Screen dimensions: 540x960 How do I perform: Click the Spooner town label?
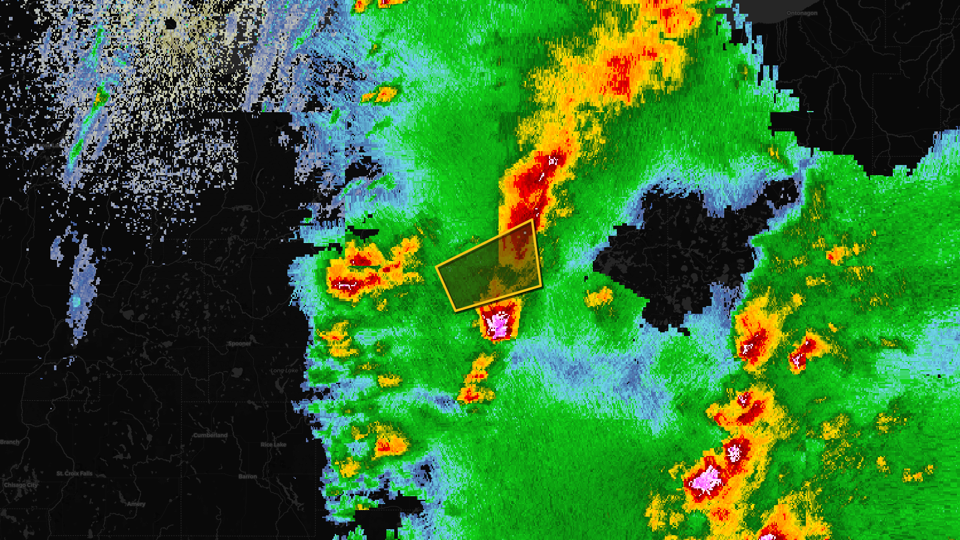pyautogui.click(x=239, y=344)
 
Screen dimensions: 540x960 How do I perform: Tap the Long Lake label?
pyautogui.click(x=284, y=371)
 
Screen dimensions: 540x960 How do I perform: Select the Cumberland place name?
pyautogui.click(x=210, y=436)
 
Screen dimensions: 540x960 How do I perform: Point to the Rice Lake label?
pyautogui.click(x=273, y=445)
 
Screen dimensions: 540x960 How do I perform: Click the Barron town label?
pyautogui.click(x=247, y=476)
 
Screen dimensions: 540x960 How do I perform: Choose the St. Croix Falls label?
pyautogui.click(x=74, y=473)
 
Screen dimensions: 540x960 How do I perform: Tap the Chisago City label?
pyautogui.click(x=20, y=485)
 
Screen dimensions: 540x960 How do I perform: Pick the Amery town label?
pyautogui.click(x=136, y=504)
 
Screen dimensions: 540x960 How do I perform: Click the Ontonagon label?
pyautogui.click(x=802, y=13)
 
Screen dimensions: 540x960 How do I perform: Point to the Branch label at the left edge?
pyautogui.click(x=10, y=442)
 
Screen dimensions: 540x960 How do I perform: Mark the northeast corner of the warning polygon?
pyautogui.click(x=532, y=220)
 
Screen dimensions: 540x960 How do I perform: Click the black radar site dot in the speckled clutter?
pyautogui.click(x=170, y=24)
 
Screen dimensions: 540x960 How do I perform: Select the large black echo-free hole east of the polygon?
pyautogui.click(x=684, y=252)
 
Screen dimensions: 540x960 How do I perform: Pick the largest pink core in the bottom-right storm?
pyautogui.click(x=706, y=480)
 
